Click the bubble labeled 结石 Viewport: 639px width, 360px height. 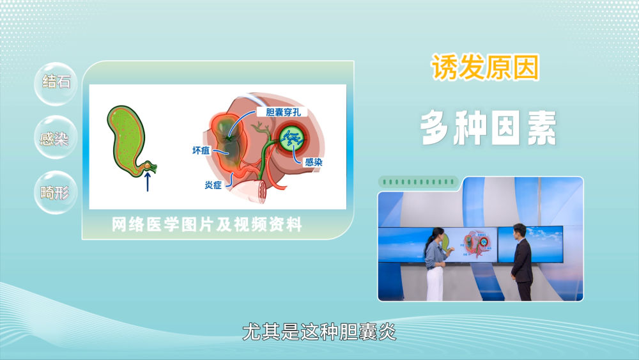click(56, 83)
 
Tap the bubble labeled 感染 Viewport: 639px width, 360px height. click(56, 138)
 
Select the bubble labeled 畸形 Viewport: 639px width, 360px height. click(56, 192)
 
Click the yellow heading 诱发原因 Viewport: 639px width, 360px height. click(485, 67)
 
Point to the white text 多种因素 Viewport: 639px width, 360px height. click(488, 128)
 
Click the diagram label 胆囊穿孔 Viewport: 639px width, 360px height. click(283, 112)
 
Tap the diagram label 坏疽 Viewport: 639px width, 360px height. click(201, 150)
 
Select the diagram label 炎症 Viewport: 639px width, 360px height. click(213, 185)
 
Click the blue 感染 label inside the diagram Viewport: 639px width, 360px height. click(314, 162)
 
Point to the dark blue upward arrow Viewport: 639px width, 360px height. click(148, 182)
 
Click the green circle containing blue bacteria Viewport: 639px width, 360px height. click(292, 139)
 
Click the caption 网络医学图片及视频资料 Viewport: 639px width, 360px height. click(207, 224)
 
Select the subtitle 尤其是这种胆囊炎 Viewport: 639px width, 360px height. click(319, 331)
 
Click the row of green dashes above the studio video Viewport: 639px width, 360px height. click(419, 182)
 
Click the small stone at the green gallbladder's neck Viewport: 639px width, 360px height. click(146, 166)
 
